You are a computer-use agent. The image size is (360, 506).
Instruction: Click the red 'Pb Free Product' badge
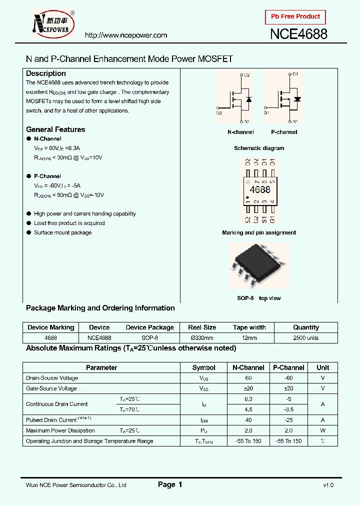point(295,17)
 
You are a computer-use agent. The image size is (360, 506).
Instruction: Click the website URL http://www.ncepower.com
point(126,35)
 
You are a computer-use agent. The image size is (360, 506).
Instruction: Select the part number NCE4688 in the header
point(298,34)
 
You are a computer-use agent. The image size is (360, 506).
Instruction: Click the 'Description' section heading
point(46,73)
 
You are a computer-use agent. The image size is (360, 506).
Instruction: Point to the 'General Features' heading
point(55,129)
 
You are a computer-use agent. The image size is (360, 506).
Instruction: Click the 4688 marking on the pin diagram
point(259,190)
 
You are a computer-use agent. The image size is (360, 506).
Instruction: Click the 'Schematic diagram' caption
point(259,148)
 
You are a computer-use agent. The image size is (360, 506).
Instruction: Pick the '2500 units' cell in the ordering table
point(306,338)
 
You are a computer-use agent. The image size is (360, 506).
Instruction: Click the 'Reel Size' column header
point(202,327)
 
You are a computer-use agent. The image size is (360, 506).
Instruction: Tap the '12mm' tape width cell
point(249,338)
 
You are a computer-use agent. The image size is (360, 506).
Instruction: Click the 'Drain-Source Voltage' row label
point(52,378)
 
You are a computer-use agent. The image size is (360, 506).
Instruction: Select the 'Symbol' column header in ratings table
point(204,367)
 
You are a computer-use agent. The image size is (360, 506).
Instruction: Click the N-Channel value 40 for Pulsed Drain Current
point(248,420)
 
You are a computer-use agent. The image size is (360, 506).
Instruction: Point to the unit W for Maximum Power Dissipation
point(323,430)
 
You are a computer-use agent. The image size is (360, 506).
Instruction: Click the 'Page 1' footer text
point(170,484)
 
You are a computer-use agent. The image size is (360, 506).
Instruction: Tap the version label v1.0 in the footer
point(328,485)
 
